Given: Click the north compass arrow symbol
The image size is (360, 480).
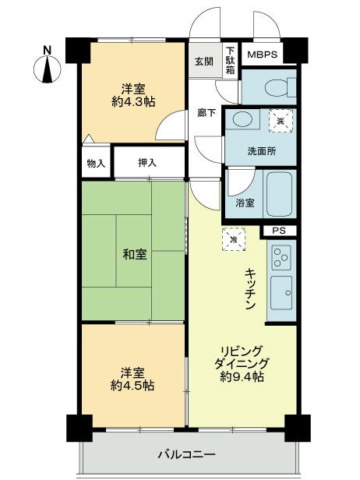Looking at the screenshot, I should (48, 68).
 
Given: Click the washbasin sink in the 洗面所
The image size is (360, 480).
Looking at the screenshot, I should (242, 119).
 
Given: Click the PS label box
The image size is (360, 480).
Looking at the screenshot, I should (279, 231).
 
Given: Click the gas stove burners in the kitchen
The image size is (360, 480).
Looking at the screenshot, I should (281, 255).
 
